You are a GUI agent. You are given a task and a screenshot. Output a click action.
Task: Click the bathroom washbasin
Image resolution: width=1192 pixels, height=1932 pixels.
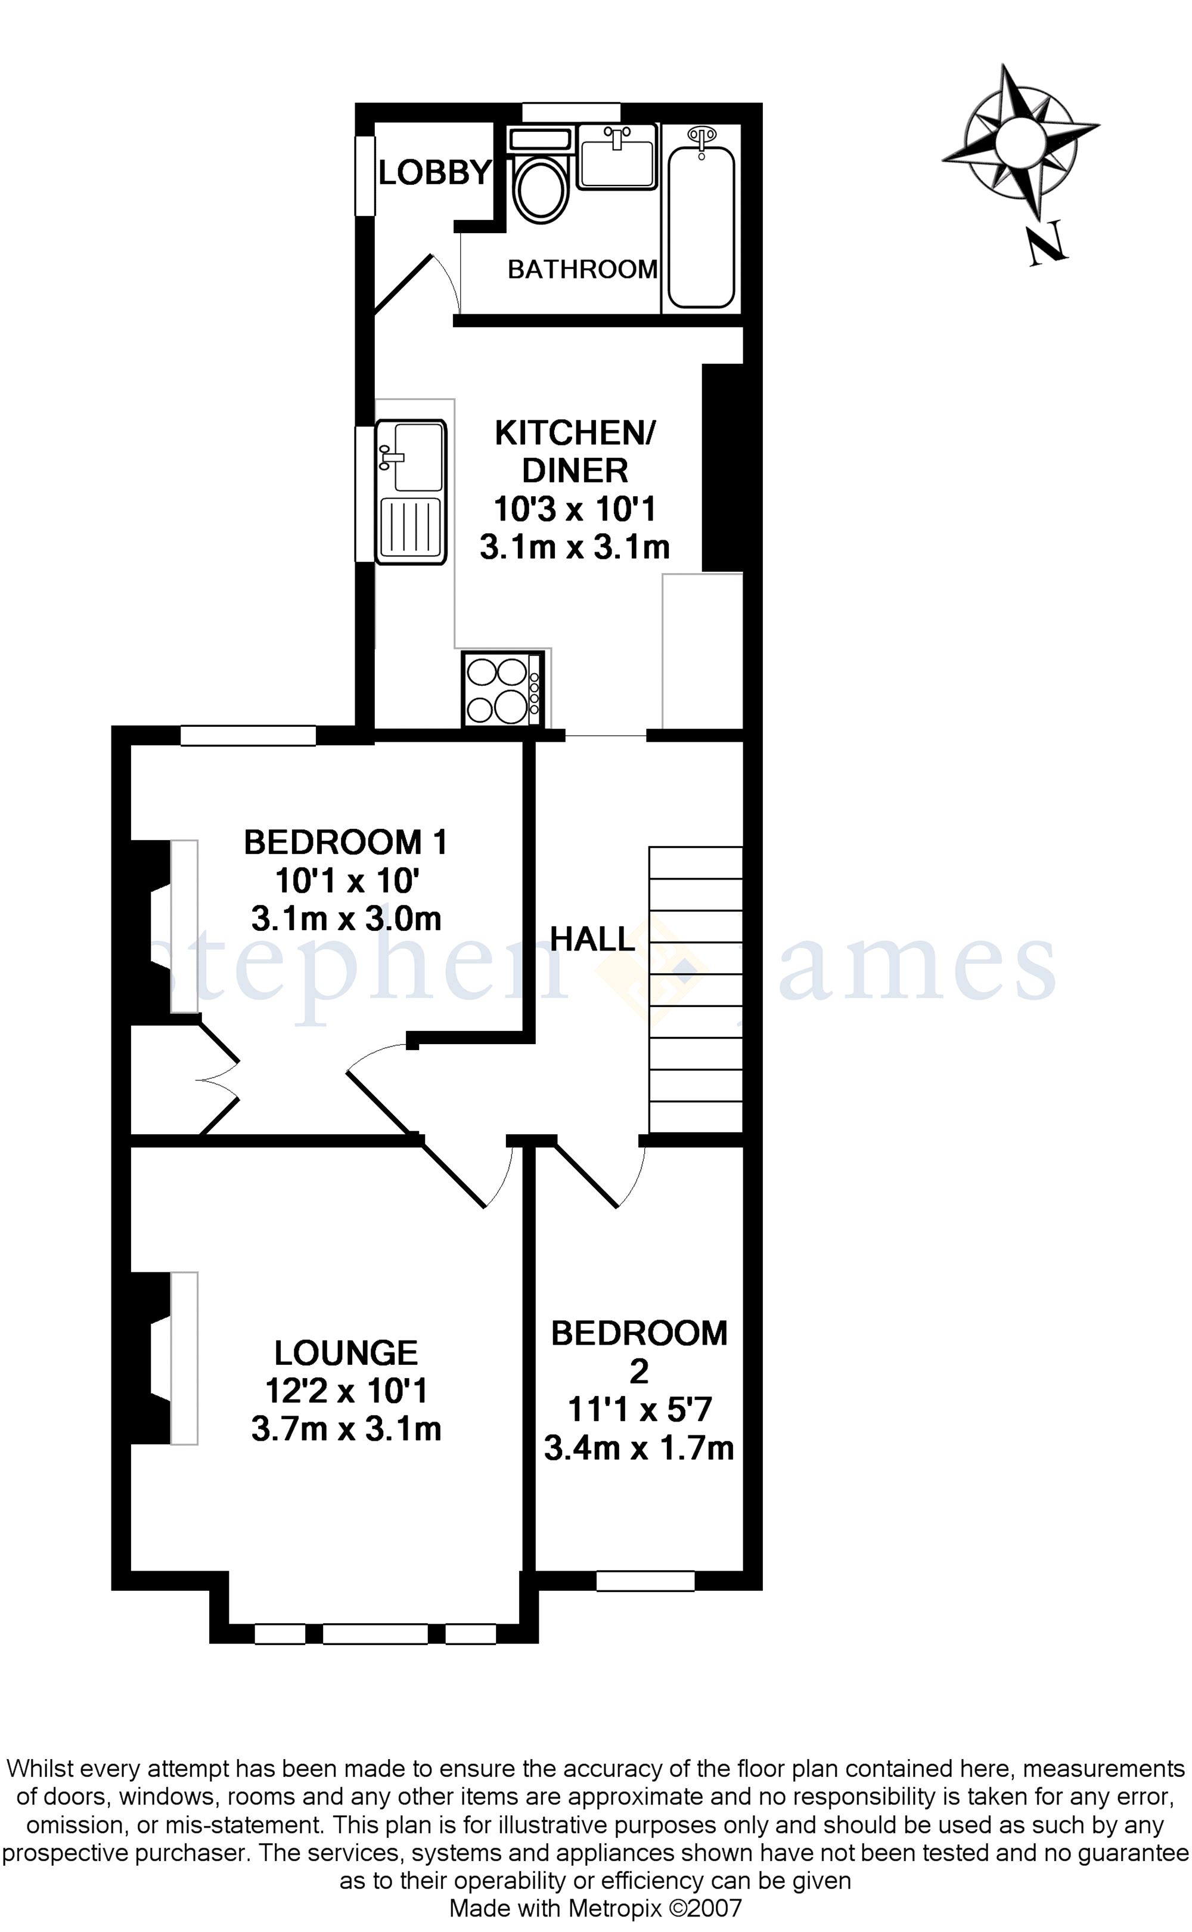coord(616,156)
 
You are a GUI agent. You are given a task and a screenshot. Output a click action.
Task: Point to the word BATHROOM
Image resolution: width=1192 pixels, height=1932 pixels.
coord(583,270)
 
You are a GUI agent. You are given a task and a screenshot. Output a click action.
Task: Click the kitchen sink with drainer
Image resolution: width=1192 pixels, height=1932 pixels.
coord(411,491)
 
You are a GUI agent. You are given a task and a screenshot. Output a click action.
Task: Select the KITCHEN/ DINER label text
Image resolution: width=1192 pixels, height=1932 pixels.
coord(575,451)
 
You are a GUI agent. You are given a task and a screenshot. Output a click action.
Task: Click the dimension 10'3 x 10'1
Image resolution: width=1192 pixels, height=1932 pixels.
coord(575,509)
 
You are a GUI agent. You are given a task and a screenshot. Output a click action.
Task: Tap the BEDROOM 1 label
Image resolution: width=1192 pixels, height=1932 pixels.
coord(346,842)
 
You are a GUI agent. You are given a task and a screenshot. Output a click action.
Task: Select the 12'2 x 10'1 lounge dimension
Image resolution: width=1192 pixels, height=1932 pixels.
coord(346,1390)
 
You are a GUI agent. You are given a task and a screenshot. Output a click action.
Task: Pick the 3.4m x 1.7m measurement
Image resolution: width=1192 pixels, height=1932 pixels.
coord(638,1448)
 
